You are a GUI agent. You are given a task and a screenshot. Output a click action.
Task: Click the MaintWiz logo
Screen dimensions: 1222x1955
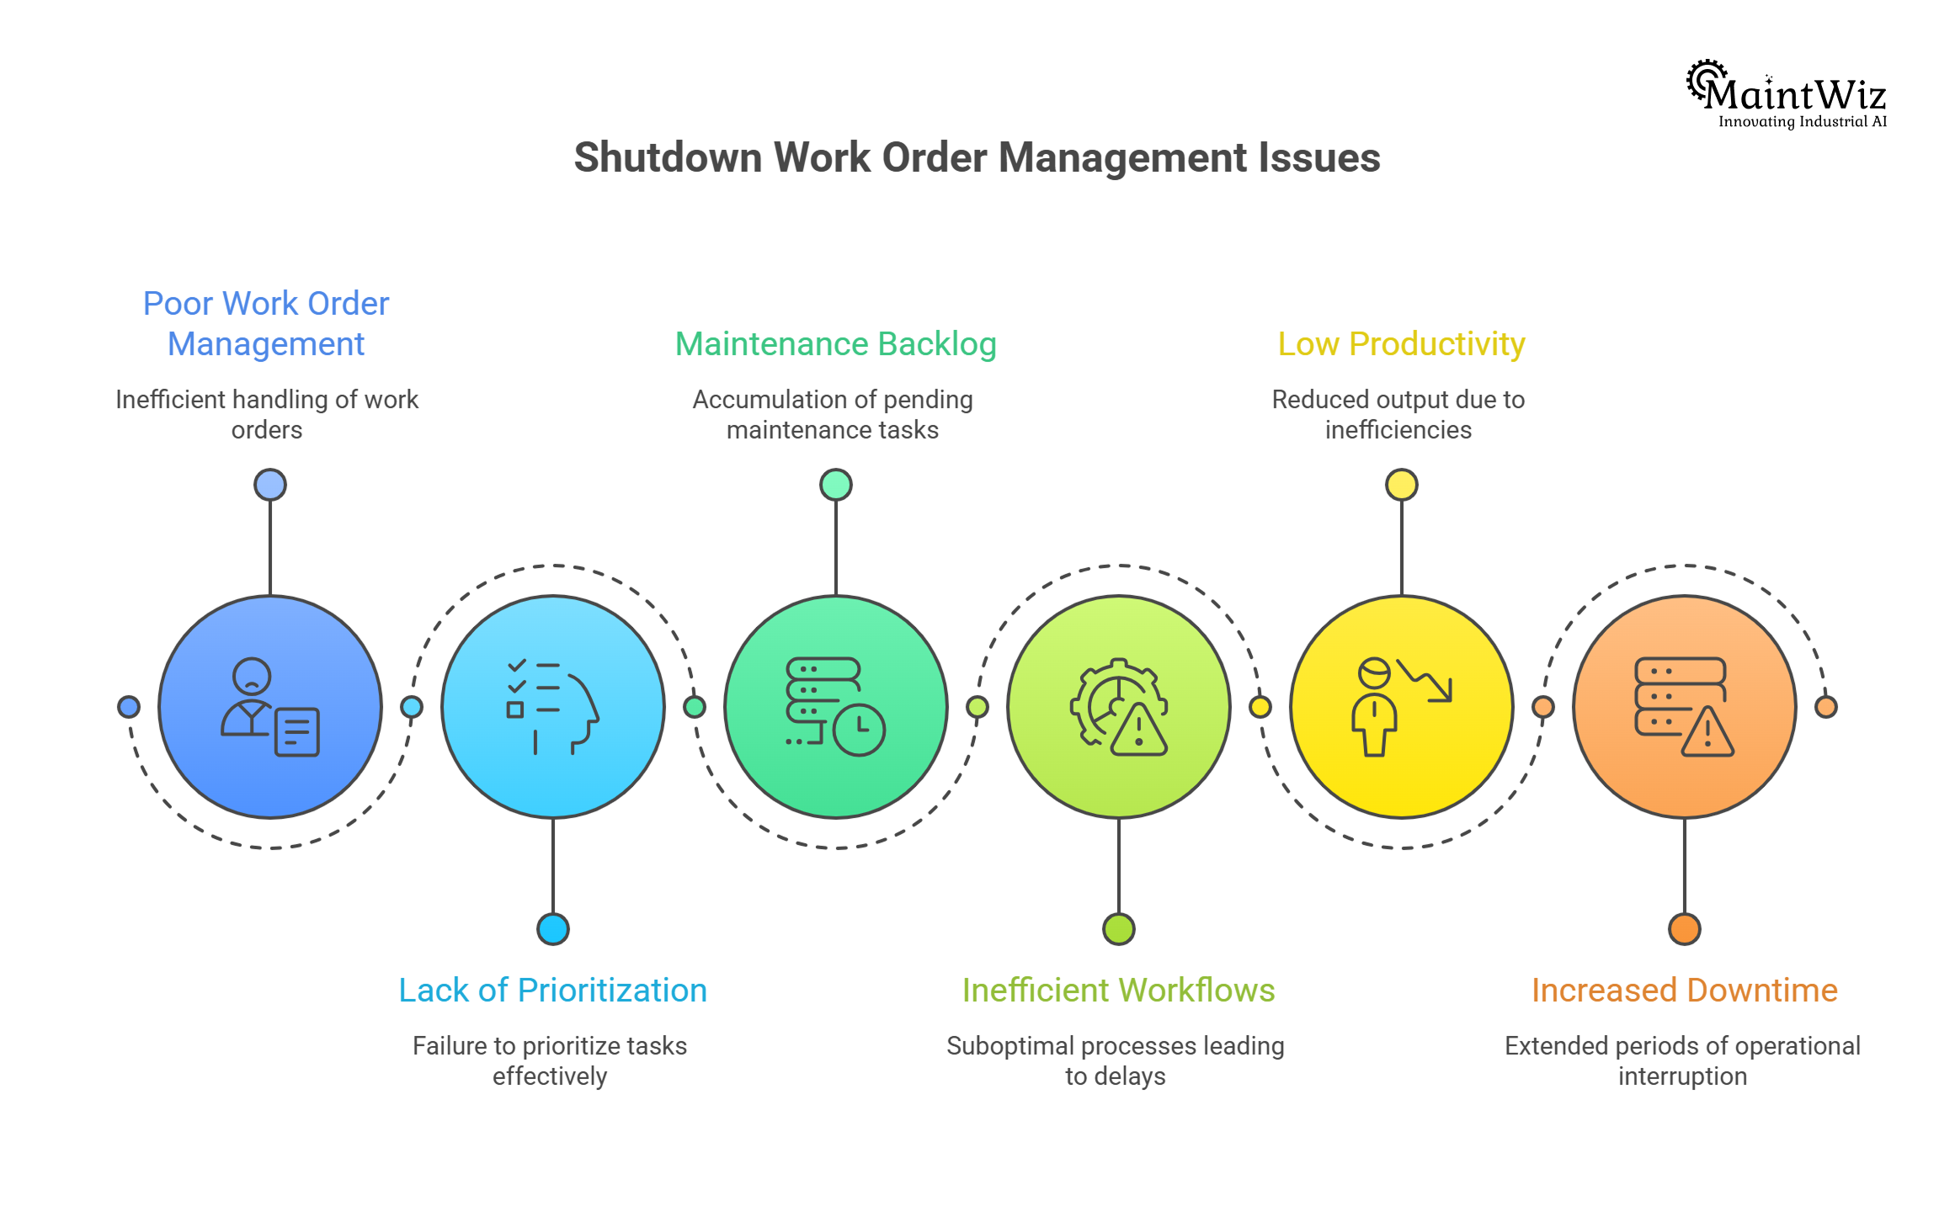1787,94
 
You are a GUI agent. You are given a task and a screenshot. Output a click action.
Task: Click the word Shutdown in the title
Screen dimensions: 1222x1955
667,157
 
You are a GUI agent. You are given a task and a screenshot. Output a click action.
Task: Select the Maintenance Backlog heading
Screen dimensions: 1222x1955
835,344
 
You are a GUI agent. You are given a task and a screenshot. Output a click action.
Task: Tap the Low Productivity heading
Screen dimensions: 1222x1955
1401,344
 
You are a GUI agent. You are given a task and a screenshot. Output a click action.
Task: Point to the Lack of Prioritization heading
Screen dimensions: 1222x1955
552,991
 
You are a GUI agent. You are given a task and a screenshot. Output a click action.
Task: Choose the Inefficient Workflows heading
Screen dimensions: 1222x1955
1118,991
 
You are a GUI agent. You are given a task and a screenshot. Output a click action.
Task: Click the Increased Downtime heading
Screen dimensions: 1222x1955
1684,991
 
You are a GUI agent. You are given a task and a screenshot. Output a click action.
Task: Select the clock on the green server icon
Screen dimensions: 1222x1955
859,730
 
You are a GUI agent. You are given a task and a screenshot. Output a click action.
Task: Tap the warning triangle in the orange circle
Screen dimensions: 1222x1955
1707,732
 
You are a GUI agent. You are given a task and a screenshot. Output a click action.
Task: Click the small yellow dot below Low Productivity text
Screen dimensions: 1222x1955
1401,485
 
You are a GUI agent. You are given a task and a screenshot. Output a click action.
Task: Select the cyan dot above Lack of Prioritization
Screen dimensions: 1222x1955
552,929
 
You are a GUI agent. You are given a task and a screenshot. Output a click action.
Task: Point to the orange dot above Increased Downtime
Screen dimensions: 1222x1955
1684,929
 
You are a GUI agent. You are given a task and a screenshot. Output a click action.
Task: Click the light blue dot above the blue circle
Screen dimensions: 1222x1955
269,485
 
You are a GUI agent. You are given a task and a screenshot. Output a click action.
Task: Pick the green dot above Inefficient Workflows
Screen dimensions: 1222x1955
1118,929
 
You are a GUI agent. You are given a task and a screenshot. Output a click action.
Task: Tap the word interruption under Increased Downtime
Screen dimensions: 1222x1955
1682,1076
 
